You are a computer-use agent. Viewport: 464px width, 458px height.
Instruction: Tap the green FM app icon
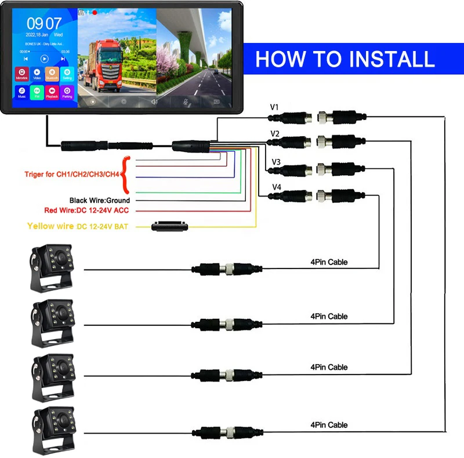coord(37,92)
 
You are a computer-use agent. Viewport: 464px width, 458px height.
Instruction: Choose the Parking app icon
coord(67,92)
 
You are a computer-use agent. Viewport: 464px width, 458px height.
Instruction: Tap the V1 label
coord(275,107)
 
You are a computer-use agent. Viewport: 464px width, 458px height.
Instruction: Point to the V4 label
coord(277,187)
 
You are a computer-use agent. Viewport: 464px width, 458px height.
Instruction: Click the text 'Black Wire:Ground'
coord(99,201)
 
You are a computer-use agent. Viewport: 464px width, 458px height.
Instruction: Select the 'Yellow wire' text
coord(51,226)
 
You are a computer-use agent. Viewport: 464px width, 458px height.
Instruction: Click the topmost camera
coord(53,267)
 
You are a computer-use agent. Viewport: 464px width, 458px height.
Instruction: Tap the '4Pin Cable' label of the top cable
coord(329,262)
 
